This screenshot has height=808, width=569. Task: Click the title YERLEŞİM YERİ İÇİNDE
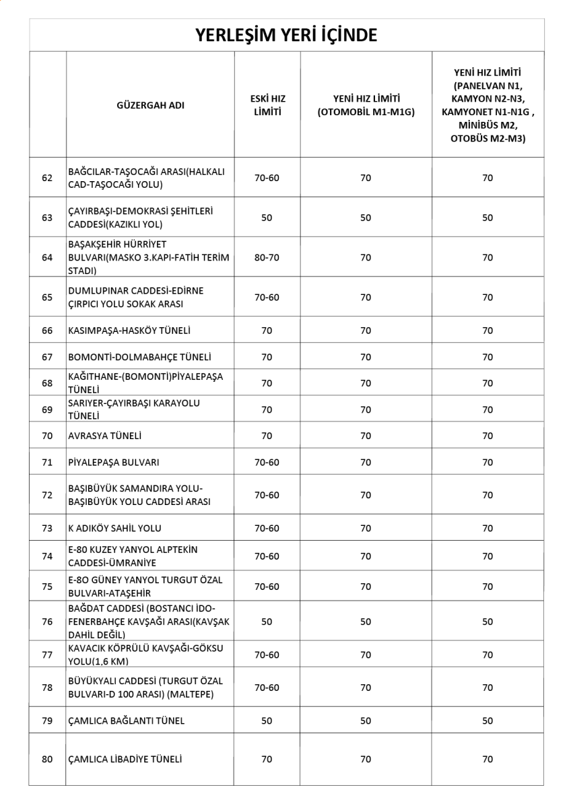(x=286, y=35)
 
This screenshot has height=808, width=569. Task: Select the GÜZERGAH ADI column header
(x=150, y=105)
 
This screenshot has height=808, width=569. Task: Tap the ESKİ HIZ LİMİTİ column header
(x=267, y=105)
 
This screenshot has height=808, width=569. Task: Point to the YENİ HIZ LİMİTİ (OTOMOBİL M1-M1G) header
(x=366, y=105)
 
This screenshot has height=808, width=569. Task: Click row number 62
(x=47, y=178)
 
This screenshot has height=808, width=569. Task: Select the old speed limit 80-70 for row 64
(x=267, y=257)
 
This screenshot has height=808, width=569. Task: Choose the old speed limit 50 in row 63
(x=267, y=217)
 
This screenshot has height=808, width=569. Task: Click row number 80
(x=47, y=760)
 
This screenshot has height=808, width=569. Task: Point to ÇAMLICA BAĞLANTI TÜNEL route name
(x=126, y=720)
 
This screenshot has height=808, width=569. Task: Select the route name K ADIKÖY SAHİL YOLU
(x=114, y=529)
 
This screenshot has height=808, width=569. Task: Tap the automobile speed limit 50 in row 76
(x=366, y=621)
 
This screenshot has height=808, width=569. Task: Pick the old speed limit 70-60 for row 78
(x=267, y=687)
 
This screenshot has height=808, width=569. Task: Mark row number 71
(x=47, y=463)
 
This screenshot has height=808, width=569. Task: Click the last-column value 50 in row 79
(x=488, y=720)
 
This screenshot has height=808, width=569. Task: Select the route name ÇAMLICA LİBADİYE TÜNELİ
(x=125, y=760)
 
